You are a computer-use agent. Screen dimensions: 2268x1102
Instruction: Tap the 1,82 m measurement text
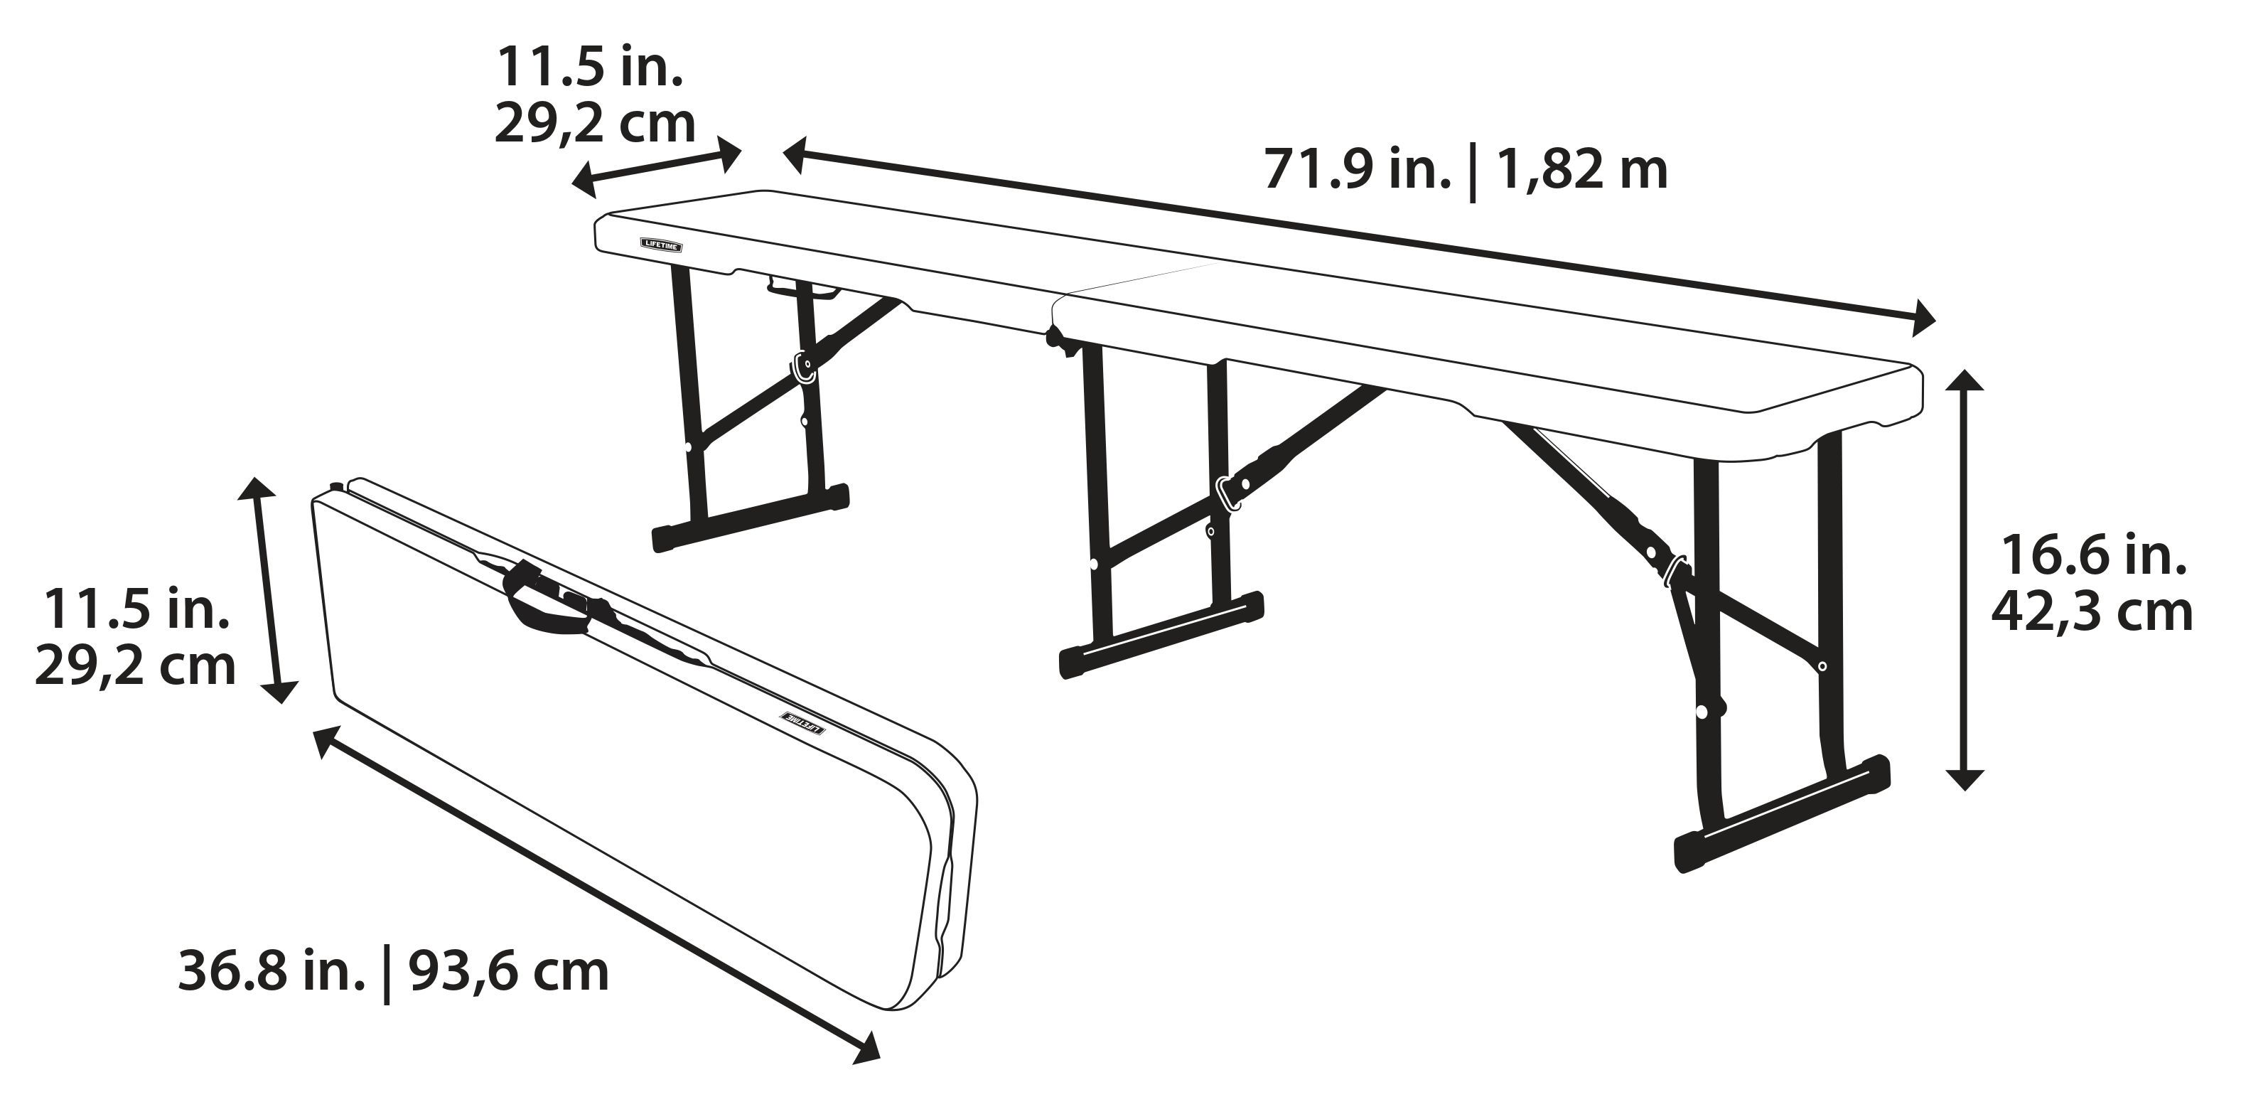1581,169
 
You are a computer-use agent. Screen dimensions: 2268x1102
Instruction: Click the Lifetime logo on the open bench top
660,245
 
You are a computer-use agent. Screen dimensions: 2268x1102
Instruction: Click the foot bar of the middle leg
1161,633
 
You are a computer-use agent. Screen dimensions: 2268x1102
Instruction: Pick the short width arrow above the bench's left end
657,167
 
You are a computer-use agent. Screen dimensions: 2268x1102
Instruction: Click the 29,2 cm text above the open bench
594,123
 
